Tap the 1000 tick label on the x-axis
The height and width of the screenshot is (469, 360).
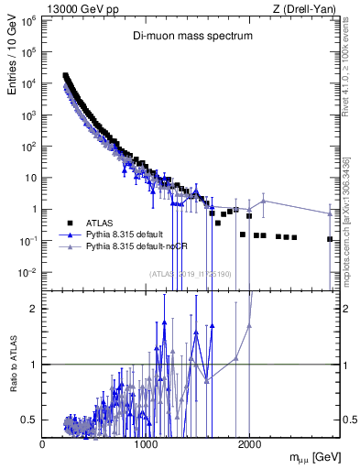click(x=146, y=444)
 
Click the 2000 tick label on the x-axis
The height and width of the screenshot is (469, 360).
click(x=249, y=444)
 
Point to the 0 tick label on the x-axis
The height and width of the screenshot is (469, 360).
click(x=43, y=444)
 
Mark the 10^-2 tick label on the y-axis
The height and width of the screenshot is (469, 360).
click(x=28, y=272)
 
